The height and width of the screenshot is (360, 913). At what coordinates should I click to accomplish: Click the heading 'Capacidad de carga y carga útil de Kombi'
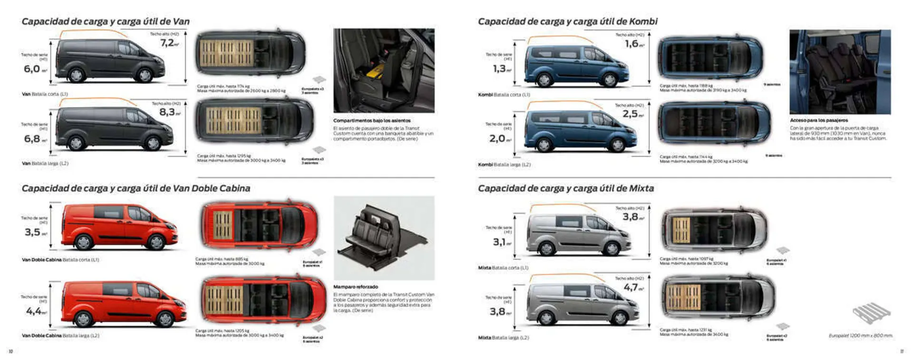[x=567, y=21]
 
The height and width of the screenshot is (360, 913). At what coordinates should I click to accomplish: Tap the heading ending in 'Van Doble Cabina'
[x=136, y=188]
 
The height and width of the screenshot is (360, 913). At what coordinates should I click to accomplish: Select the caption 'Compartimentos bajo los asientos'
[x=371, y=121]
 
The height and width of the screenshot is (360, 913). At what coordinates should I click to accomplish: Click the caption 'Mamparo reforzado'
[x=355, y=287]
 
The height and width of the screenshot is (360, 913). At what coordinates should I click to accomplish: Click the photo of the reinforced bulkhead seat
[x=384, y=238]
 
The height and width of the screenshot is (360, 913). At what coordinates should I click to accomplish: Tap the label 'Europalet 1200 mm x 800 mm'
[x=860, y=336]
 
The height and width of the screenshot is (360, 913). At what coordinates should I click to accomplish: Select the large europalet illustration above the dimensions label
[x=871, y=313]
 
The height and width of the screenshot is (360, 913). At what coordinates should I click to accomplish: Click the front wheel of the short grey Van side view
[x=145, y=75]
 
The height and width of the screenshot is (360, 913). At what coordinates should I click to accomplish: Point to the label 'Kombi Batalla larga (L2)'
[x=504, y=165]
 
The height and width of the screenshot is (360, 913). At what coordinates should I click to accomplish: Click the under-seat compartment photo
[x=384, y=70]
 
